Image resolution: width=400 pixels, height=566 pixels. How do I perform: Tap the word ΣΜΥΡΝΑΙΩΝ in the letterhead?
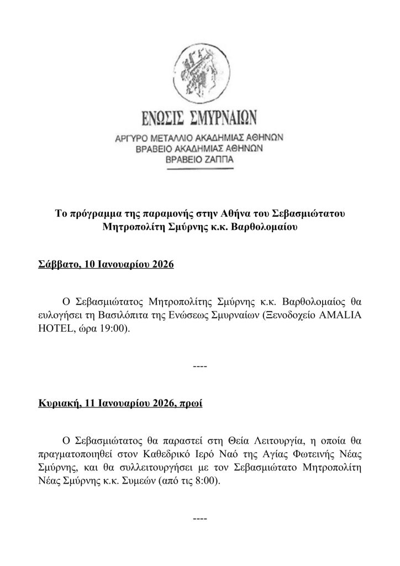227,119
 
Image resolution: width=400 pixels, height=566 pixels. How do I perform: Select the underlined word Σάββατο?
54,265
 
